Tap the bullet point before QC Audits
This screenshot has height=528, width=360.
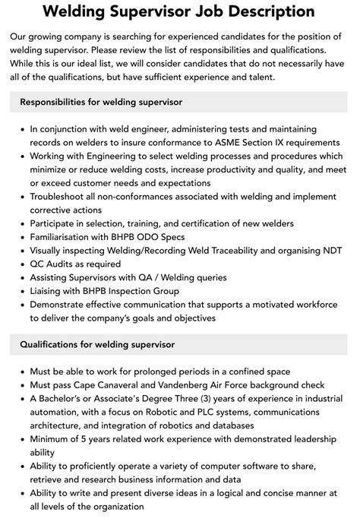pyautogui.click(x=21, y=264)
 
